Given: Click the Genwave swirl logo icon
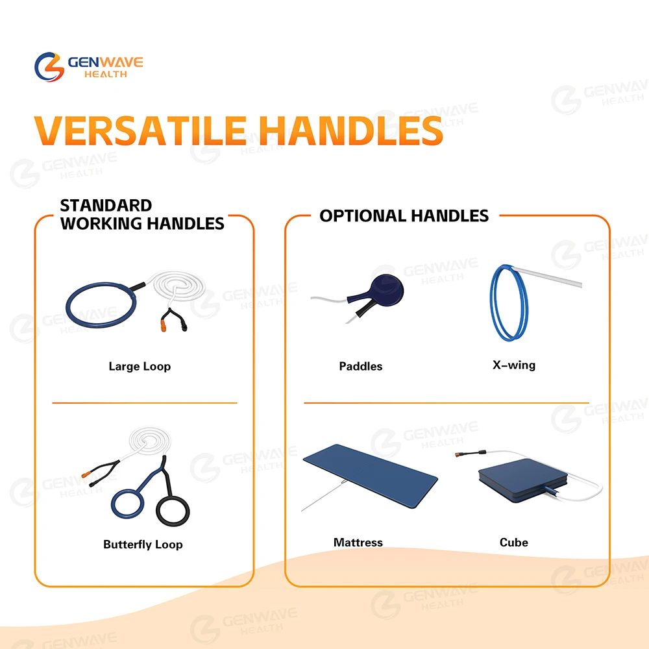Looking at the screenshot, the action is point(49,67).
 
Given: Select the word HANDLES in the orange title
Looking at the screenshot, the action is point(352,131).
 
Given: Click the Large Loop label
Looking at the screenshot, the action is point(140,366).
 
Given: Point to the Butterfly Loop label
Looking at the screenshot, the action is point(143,545).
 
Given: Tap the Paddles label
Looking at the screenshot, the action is point(360,366).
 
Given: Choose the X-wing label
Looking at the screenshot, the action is point(513,365).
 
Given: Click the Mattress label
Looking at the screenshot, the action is point(358,543).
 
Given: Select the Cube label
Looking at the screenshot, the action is point(513,543).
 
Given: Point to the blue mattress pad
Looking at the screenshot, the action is point(370,476).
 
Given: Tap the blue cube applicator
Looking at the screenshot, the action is point(522,480).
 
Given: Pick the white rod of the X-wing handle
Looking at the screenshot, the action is point(547,276).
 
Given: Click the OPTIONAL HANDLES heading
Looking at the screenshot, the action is point(404,216).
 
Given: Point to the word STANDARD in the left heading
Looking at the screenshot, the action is point(106,206).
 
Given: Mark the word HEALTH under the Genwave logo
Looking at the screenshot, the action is point(106,75).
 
